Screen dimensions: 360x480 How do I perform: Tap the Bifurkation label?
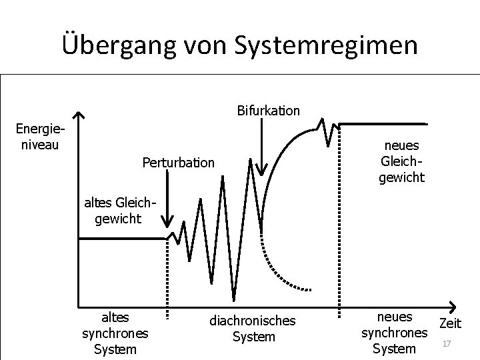coord(268,110)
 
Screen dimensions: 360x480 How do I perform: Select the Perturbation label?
coord(179,162)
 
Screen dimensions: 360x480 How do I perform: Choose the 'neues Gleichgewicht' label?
coord(402,161)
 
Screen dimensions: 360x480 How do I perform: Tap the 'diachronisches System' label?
coord(252,329)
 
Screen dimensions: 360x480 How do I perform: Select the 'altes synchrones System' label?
coord(115,332)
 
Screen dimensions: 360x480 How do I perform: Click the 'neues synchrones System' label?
coord(394,332)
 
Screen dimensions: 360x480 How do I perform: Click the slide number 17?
coord(447,344)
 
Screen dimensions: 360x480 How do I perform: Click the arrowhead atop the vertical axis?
coord(79,116)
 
